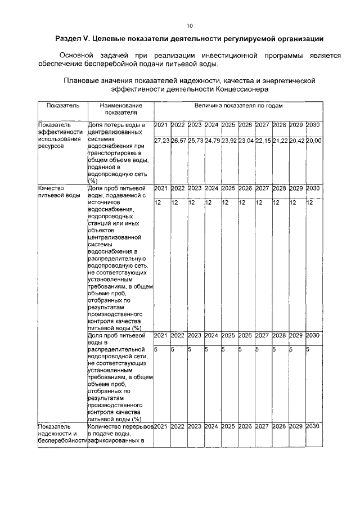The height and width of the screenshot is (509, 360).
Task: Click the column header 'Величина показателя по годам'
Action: [x=238, y=105]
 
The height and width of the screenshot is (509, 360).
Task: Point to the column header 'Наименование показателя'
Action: [x=120, y=109]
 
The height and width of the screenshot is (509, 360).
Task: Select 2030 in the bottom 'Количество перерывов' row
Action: [x=313, y=426]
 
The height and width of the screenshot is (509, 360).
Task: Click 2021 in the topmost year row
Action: [x=161, y=124]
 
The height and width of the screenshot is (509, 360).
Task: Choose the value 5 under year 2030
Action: [x=308, y=349]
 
